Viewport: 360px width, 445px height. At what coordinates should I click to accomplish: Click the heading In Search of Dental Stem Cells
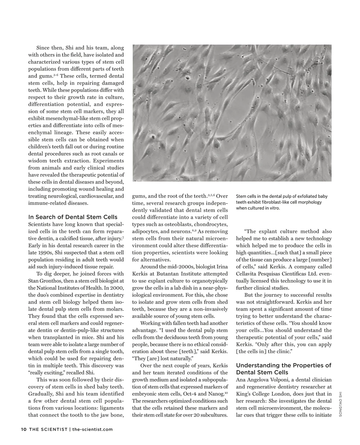(73, 217)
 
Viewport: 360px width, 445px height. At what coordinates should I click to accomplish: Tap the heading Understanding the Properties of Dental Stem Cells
(283, 369)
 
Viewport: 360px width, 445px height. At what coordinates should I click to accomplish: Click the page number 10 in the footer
(24, 429)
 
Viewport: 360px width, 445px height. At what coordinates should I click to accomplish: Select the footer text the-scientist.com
(92, 429)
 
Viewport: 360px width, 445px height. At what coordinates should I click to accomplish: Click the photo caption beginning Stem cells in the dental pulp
(281, 202)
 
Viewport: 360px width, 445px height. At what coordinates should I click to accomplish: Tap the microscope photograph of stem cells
(232, 113)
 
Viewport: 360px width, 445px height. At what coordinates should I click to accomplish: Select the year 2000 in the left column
(118, 288)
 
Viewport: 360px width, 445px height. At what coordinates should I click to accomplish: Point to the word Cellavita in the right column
(248, 274)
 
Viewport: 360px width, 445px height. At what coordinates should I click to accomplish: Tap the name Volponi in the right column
(289, 380)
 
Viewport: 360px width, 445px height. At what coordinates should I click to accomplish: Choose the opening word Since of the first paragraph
(43, 48)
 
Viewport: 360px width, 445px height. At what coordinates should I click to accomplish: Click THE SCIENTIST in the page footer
(48, 429)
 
